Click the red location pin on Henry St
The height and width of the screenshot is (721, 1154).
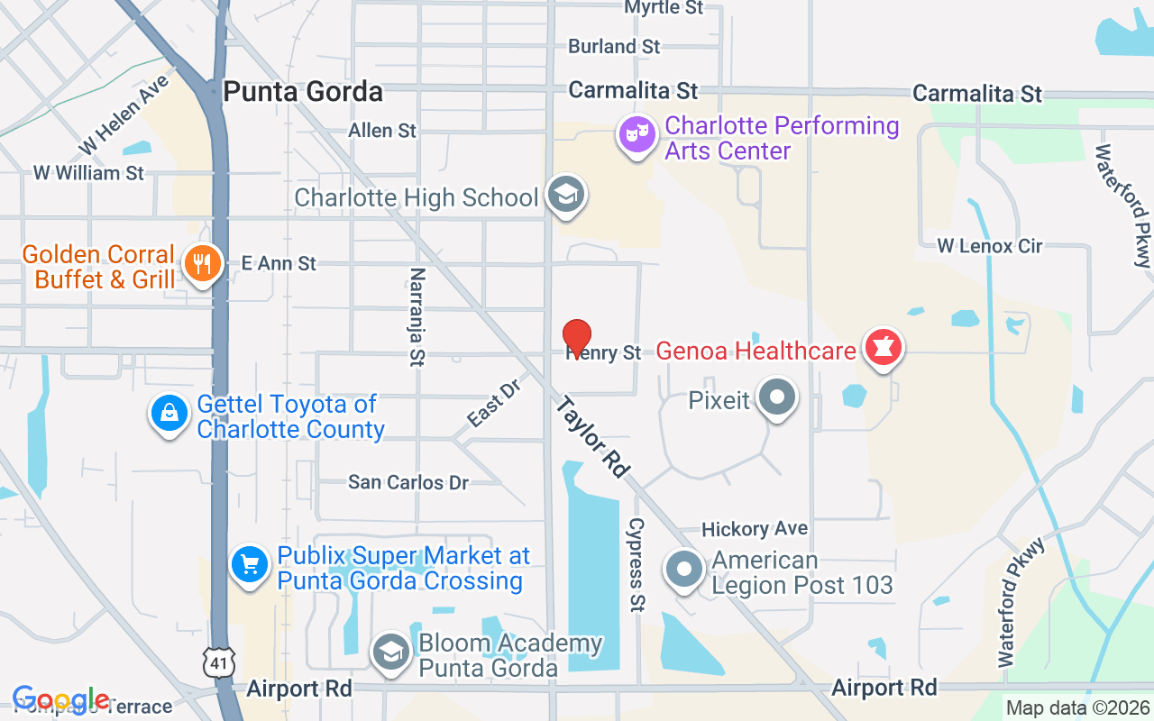click(x=577, y=337)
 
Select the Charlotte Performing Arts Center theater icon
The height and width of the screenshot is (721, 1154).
click(x=637, y=136)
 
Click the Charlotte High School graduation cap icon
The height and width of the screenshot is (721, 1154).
click(x=567, y=195)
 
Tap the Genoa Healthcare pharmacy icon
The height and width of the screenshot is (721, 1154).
click(x=884, y=348)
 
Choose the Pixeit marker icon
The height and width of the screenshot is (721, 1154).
click(x=776, y=397)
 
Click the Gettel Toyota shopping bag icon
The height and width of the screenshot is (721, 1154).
click(x=169, y=415)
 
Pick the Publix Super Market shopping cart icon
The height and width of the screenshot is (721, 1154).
click(x=250, y=565)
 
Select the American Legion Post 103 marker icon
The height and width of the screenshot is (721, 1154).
click(x=684, y=570)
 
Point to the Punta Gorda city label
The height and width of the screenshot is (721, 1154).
click(x=303, y=92)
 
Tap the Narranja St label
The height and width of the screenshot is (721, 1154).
click(x=417, y=316)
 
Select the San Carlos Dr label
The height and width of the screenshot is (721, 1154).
click(x=408, y=482)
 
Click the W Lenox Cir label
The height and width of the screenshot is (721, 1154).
click(x=989, y=245)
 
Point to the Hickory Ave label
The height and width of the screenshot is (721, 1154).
click(x=755, y=529)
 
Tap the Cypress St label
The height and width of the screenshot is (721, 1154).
click(x=637, y=565)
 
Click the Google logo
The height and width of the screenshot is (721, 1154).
click(x=61, y=700)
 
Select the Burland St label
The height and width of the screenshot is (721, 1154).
click(x=614, y=46)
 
